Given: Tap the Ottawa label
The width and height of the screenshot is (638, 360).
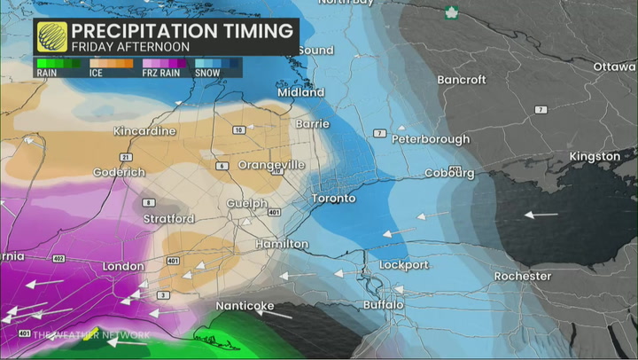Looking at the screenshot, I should click(x=615, y=67).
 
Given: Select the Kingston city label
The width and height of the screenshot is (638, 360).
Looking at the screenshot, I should click(x=595, y=156).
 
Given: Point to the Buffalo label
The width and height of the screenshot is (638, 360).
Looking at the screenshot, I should click(x=384, y=305).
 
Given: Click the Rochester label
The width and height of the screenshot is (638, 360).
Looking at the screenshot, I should click(x=522, y=276).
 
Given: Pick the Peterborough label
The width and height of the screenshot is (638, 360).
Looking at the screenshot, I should click(x=431, y=139).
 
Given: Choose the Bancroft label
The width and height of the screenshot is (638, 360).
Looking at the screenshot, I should click(x=462, y=80).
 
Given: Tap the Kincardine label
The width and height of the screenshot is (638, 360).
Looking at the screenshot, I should click(x=145, y=131).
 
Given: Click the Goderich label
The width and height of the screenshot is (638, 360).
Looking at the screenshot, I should click(x=119, y=171).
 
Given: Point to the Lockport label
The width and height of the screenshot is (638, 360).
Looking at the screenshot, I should click(x=404, y=265).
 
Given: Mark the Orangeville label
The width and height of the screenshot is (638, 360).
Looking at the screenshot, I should click(x=271, y=165).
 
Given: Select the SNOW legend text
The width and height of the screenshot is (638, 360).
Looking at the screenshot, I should click(x=206, y=73).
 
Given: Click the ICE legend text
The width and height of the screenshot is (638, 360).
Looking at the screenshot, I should click(x=96, y=73).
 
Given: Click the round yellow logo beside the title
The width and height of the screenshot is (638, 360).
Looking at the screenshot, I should click(x=52, y=37).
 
